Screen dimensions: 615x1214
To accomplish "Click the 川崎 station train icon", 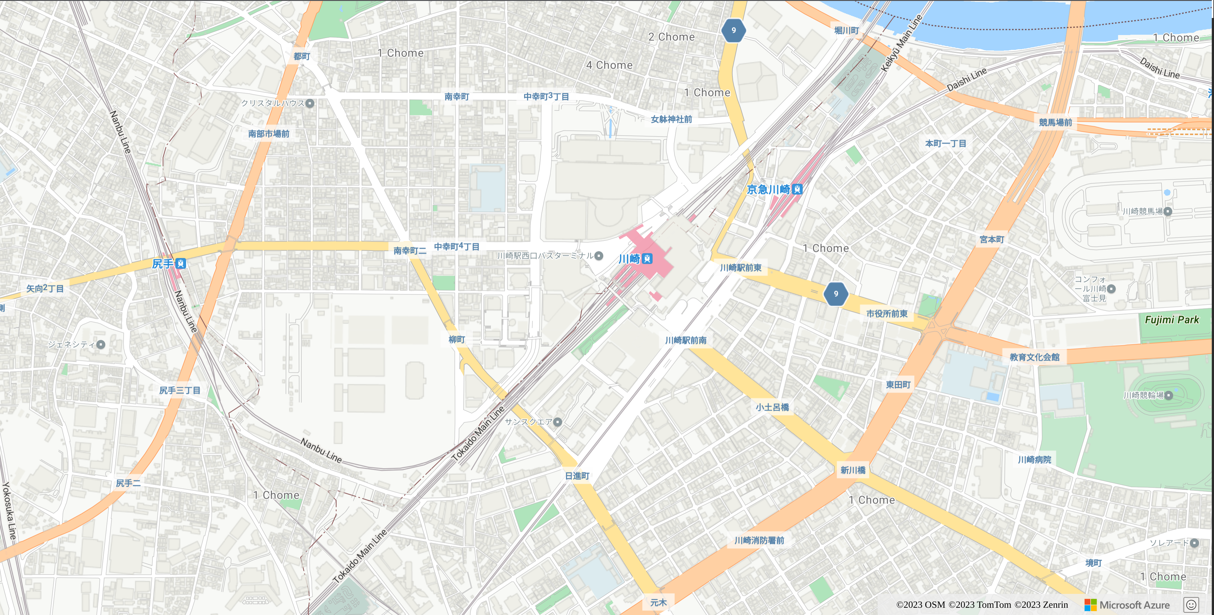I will pyautogui.click(x=648, y=259).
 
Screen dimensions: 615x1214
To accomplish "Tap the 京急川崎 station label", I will pyautogui.click(x=768, y=190).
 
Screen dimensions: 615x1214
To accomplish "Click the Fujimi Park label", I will pyautogui.click(x=1172, y=320).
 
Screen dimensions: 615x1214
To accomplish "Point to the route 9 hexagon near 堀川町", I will pyautogui.click(x=733, y=31).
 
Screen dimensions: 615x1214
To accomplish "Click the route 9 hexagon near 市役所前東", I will pyautogui.click(x=836, y=294).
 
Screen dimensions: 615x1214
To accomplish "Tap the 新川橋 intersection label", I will pyautogui.click(x=853, y=470).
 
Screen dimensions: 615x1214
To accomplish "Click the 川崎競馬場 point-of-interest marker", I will pyautogui.click(x=1167, y=211).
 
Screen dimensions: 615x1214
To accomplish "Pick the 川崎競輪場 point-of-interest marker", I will pyautogui.click(x=1168, y=395).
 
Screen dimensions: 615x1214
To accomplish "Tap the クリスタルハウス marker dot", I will pyautogui.click(x=310, y=103).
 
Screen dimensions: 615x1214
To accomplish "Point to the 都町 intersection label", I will pyautogui.click(x=302, y=56).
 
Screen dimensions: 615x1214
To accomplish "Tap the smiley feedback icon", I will pyautogui.click(x=1191, y=605).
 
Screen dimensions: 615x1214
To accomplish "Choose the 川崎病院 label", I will pyautogui.click(x=1034, y=460).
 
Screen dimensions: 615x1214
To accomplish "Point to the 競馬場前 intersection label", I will pyautogui.click(x=1055, y=122).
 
